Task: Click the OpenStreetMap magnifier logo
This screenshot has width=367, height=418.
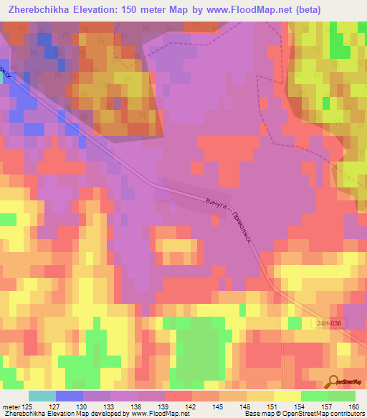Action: [335, 381]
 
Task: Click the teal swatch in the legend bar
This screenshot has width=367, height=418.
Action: [42, 396]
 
